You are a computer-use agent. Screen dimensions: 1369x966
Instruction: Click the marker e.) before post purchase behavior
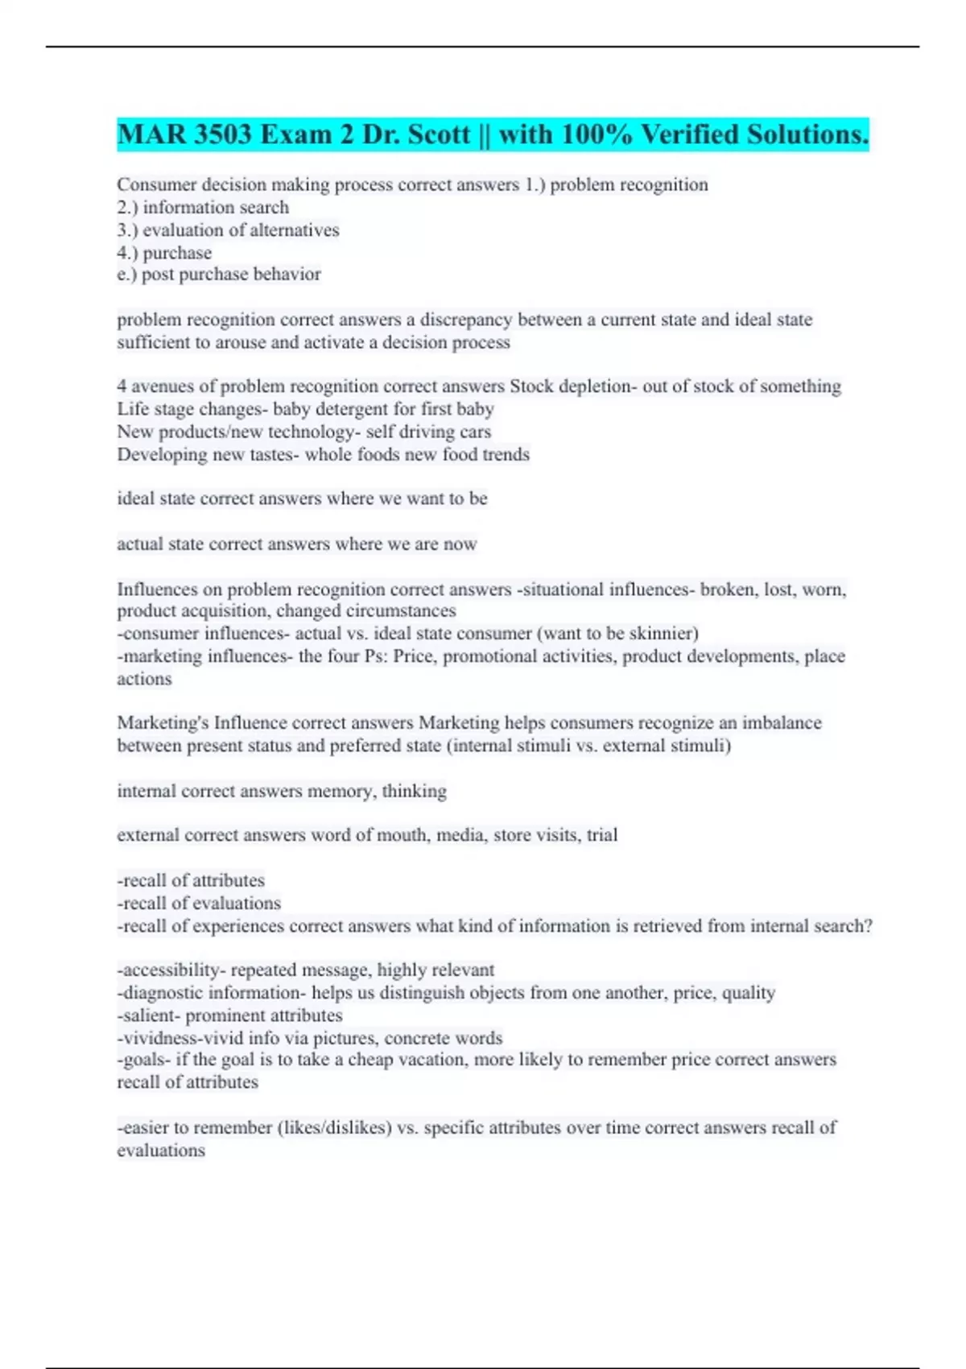point(126,275)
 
